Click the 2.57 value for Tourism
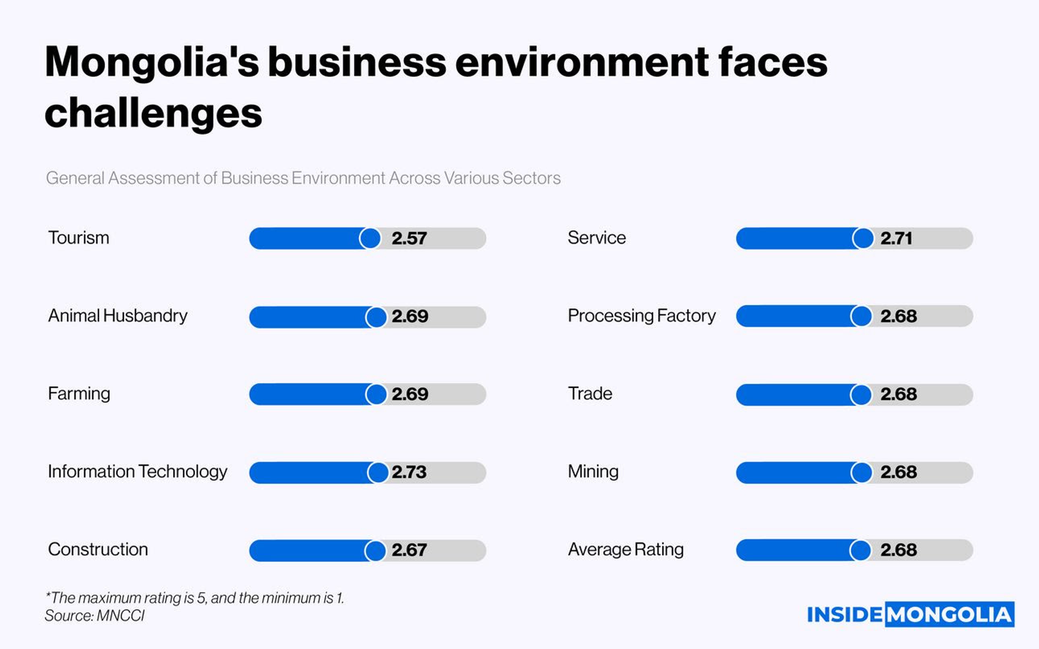pos(409,238)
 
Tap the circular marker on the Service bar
pos(863,238)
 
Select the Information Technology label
pos(137,472)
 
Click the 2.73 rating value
pos(409,472)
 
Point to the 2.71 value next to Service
pos(896,238)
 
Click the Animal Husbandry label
pos(118,316)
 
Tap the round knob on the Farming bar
pos(376,394)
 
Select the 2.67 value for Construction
pos(409,550)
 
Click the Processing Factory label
pos(641,316)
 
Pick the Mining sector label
pos(593,472)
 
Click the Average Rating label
pos(626,550)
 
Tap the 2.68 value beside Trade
pos(898,394)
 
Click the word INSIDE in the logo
pos(844,615)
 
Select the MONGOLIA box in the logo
pos(950,615)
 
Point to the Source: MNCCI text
pos(95,616)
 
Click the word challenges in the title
pos(154,113)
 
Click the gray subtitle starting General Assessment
pos(303,178)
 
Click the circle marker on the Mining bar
pos(861,472)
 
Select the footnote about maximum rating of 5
pos(195,598)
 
